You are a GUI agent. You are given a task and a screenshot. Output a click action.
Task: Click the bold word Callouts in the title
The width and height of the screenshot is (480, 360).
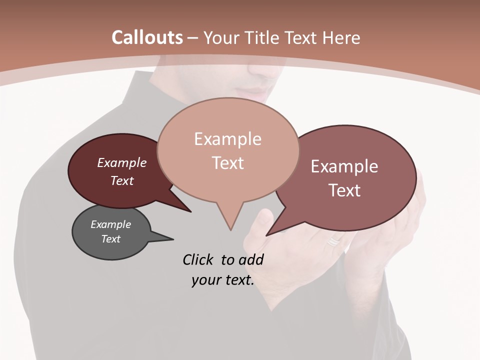pyautogui.click(x=147, y=37)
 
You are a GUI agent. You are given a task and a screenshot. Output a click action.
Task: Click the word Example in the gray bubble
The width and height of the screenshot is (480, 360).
pyautogui.click(x=110, y=224)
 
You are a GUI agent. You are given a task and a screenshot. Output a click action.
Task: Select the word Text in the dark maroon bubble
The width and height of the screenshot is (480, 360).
pyautogui.click(x=122, y=180)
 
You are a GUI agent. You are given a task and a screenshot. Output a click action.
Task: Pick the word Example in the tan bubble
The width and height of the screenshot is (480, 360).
pyautogui.click(x=227, y=139)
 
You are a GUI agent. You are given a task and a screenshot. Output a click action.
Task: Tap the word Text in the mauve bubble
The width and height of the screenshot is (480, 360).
pyautogui.click(x=344, y=190)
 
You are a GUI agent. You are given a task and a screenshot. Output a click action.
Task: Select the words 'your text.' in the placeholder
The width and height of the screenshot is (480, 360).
pyautogui.click(x=223, y=280)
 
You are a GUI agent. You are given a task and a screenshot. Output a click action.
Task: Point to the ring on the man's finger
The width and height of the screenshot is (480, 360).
pyautogui.click(x=333, y=242)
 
